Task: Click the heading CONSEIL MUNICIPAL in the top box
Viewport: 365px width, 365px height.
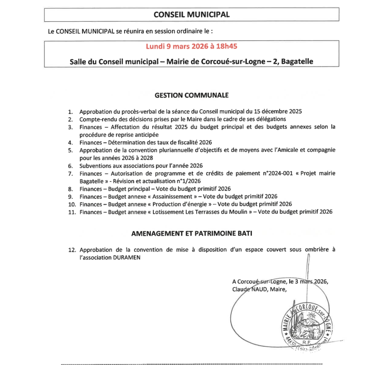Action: pyautogui.click(x=191, y=15)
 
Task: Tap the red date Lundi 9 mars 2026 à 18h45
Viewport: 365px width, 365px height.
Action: pyautogui.click(x=191, y=46)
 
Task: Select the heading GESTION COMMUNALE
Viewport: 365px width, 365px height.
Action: pyautogui.click(x=191, y=95)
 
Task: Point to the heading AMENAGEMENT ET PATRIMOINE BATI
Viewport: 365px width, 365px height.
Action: pyautogui.click(x=191, y=233)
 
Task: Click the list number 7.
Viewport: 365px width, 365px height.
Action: pyautogui.click(x=71, y=174)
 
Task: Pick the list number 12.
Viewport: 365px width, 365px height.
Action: pyautogui.click(x=72, y=250)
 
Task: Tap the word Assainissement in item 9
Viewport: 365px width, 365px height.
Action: pyautogui.click(x=172, y=197)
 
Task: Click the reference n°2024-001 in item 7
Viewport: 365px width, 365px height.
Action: pyautogui.click(x=277, y=174)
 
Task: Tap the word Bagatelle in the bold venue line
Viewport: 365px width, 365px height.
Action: pyautogui.click(x=297, y=62)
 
